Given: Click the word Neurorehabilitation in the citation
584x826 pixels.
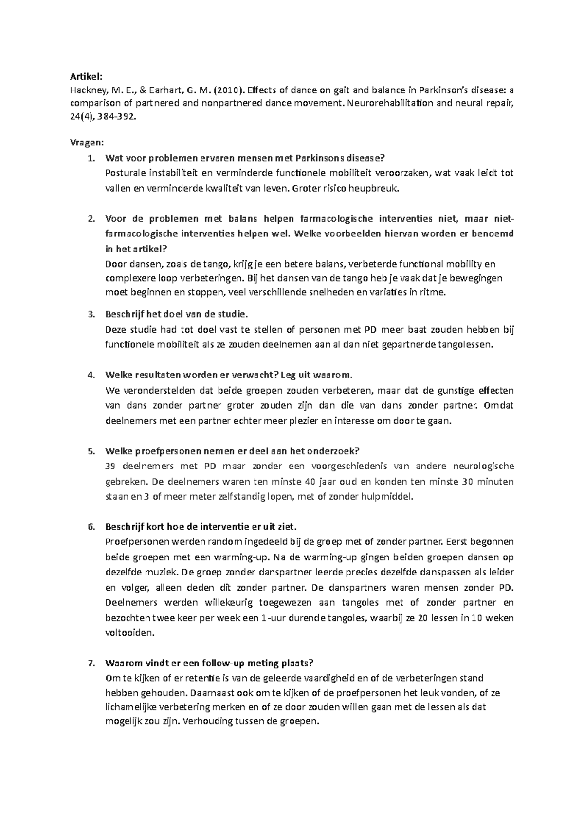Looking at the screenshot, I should coord(383,103).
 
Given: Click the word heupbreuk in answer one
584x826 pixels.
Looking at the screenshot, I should coord(376,189).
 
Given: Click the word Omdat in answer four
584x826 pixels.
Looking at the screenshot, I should coord(499,405).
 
